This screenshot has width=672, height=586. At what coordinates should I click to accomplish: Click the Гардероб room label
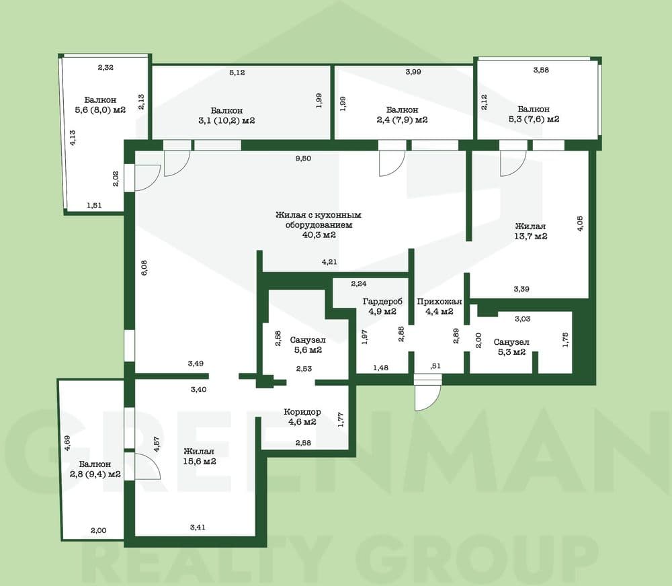point(382,301)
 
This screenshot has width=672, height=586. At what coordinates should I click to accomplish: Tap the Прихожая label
point(439,301)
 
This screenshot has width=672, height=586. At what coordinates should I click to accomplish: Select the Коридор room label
point(302,412)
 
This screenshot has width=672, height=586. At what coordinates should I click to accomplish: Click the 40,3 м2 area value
point(319,235)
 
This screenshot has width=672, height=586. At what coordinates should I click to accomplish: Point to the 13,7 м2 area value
point(531,236)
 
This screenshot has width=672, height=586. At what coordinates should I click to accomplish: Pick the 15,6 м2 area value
point(200,461)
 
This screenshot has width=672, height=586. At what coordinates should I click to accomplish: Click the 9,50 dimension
point(303,158)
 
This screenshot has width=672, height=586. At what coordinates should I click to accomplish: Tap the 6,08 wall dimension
point(144,267)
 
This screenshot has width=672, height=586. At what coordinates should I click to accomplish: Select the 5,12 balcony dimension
point(237,73)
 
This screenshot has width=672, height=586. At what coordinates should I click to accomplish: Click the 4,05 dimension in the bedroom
point(580,223)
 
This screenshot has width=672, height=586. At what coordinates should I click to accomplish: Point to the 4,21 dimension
point(329,262)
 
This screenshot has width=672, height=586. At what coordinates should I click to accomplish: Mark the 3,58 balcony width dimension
point(541,70)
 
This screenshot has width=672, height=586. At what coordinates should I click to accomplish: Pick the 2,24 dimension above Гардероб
point(359,284)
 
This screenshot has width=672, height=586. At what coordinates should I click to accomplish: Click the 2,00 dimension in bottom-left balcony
point(99,530)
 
